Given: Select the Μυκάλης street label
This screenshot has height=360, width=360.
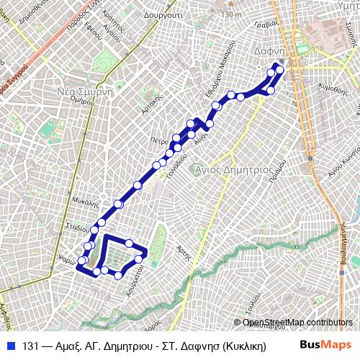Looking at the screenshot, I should click(84, 202).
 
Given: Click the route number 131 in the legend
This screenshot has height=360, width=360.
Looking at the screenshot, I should click(31, 345).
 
